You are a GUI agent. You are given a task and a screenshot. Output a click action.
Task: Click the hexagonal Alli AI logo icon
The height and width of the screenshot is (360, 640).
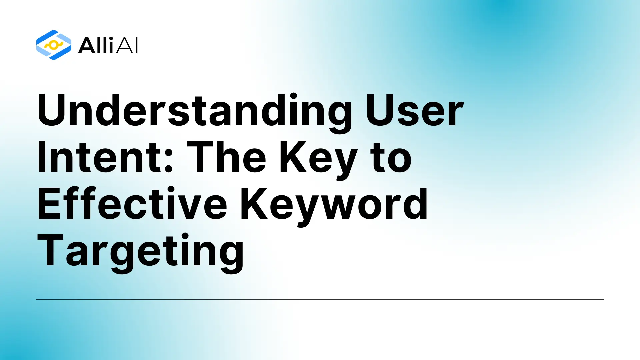[x=53, y=45]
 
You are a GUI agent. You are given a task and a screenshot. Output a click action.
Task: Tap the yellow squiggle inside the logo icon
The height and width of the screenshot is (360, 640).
[x=53, y=45]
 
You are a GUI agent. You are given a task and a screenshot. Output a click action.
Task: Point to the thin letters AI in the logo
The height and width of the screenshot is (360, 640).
[x=127, y=45]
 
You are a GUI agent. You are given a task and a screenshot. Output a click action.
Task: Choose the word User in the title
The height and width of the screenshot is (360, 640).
[x=414, y=111]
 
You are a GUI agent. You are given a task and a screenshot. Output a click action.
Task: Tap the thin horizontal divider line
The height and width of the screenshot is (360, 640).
[x=320, y=299]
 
